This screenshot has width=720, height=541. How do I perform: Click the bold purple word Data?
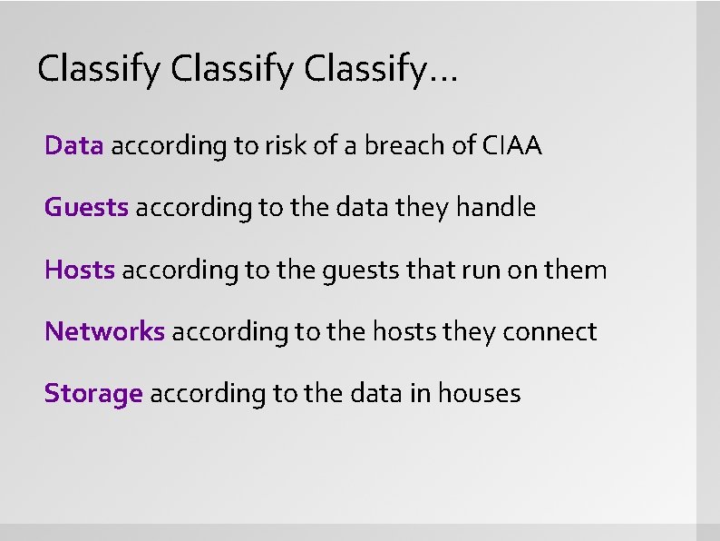click(x=74, y=146)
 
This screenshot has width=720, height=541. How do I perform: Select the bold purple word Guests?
click(x=86, y=208)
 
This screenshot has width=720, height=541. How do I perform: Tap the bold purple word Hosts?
click(x=80, y=270)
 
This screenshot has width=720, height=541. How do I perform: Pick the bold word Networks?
click(x=104, y=331)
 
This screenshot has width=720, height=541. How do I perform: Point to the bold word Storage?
click(x=93, y=394)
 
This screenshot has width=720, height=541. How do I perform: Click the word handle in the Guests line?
click(x=496, y=208)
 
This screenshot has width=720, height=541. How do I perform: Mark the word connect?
click(x=556, y=331)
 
